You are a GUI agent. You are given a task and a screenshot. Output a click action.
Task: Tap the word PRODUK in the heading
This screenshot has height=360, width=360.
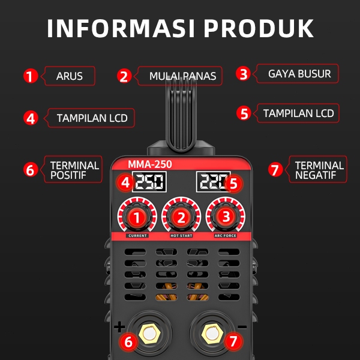tap(259, 28)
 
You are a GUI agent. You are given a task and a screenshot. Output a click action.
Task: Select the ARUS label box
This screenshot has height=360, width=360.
tap(70, 76)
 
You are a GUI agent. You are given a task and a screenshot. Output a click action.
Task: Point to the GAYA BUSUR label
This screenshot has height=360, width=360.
tap(299, 74)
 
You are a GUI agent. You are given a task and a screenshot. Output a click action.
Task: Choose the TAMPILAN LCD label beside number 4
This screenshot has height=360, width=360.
tap(92, 118)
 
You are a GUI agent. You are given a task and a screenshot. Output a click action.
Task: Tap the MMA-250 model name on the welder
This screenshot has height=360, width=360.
tap(148, 164)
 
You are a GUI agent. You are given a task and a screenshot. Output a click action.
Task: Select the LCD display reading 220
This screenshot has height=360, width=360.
tap(211, 182)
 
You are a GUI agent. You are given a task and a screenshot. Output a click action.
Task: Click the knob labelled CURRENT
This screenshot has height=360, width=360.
tap(137, 216)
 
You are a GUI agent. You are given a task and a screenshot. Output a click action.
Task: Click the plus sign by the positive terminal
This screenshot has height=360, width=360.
tap(119, 327)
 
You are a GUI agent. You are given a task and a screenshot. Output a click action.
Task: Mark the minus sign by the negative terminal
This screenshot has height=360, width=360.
tap(242, 327)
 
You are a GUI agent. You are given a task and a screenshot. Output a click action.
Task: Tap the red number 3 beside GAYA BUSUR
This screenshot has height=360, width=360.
tap(242, 74)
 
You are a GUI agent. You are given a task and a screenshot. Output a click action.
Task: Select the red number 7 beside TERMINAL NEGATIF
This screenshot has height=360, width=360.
tap(275, 169)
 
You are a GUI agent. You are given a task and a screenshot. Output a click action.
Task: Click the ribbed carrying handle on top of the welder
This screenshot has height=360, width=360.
tap(180, 114)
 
